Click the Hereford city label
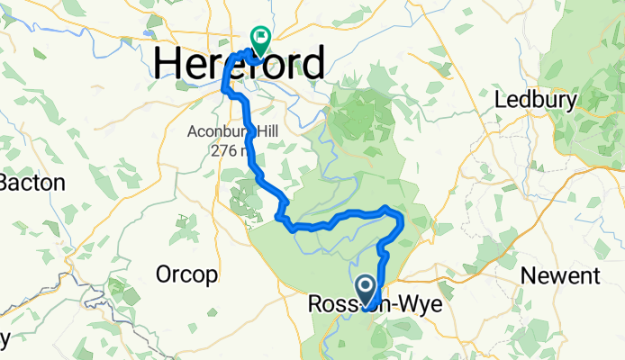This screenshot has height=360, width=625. (240, 65)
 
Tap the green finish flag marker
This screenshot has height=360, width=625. (261, 39)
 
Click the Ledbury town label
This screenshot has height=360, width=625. (536, 99)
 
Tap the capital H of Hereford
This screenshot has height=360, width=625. (168, 65)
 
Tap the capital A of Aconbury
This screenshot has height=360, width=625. (193, 131)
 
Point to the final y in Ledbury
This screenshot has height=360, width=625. (570, 102)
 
